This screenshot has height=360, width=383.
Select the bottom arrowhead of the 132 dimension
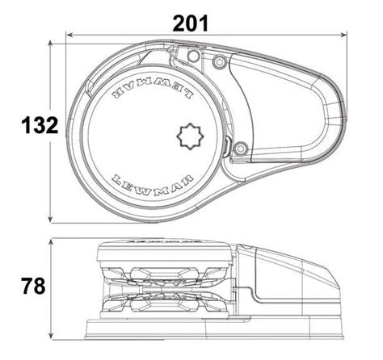click(53, 220)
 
